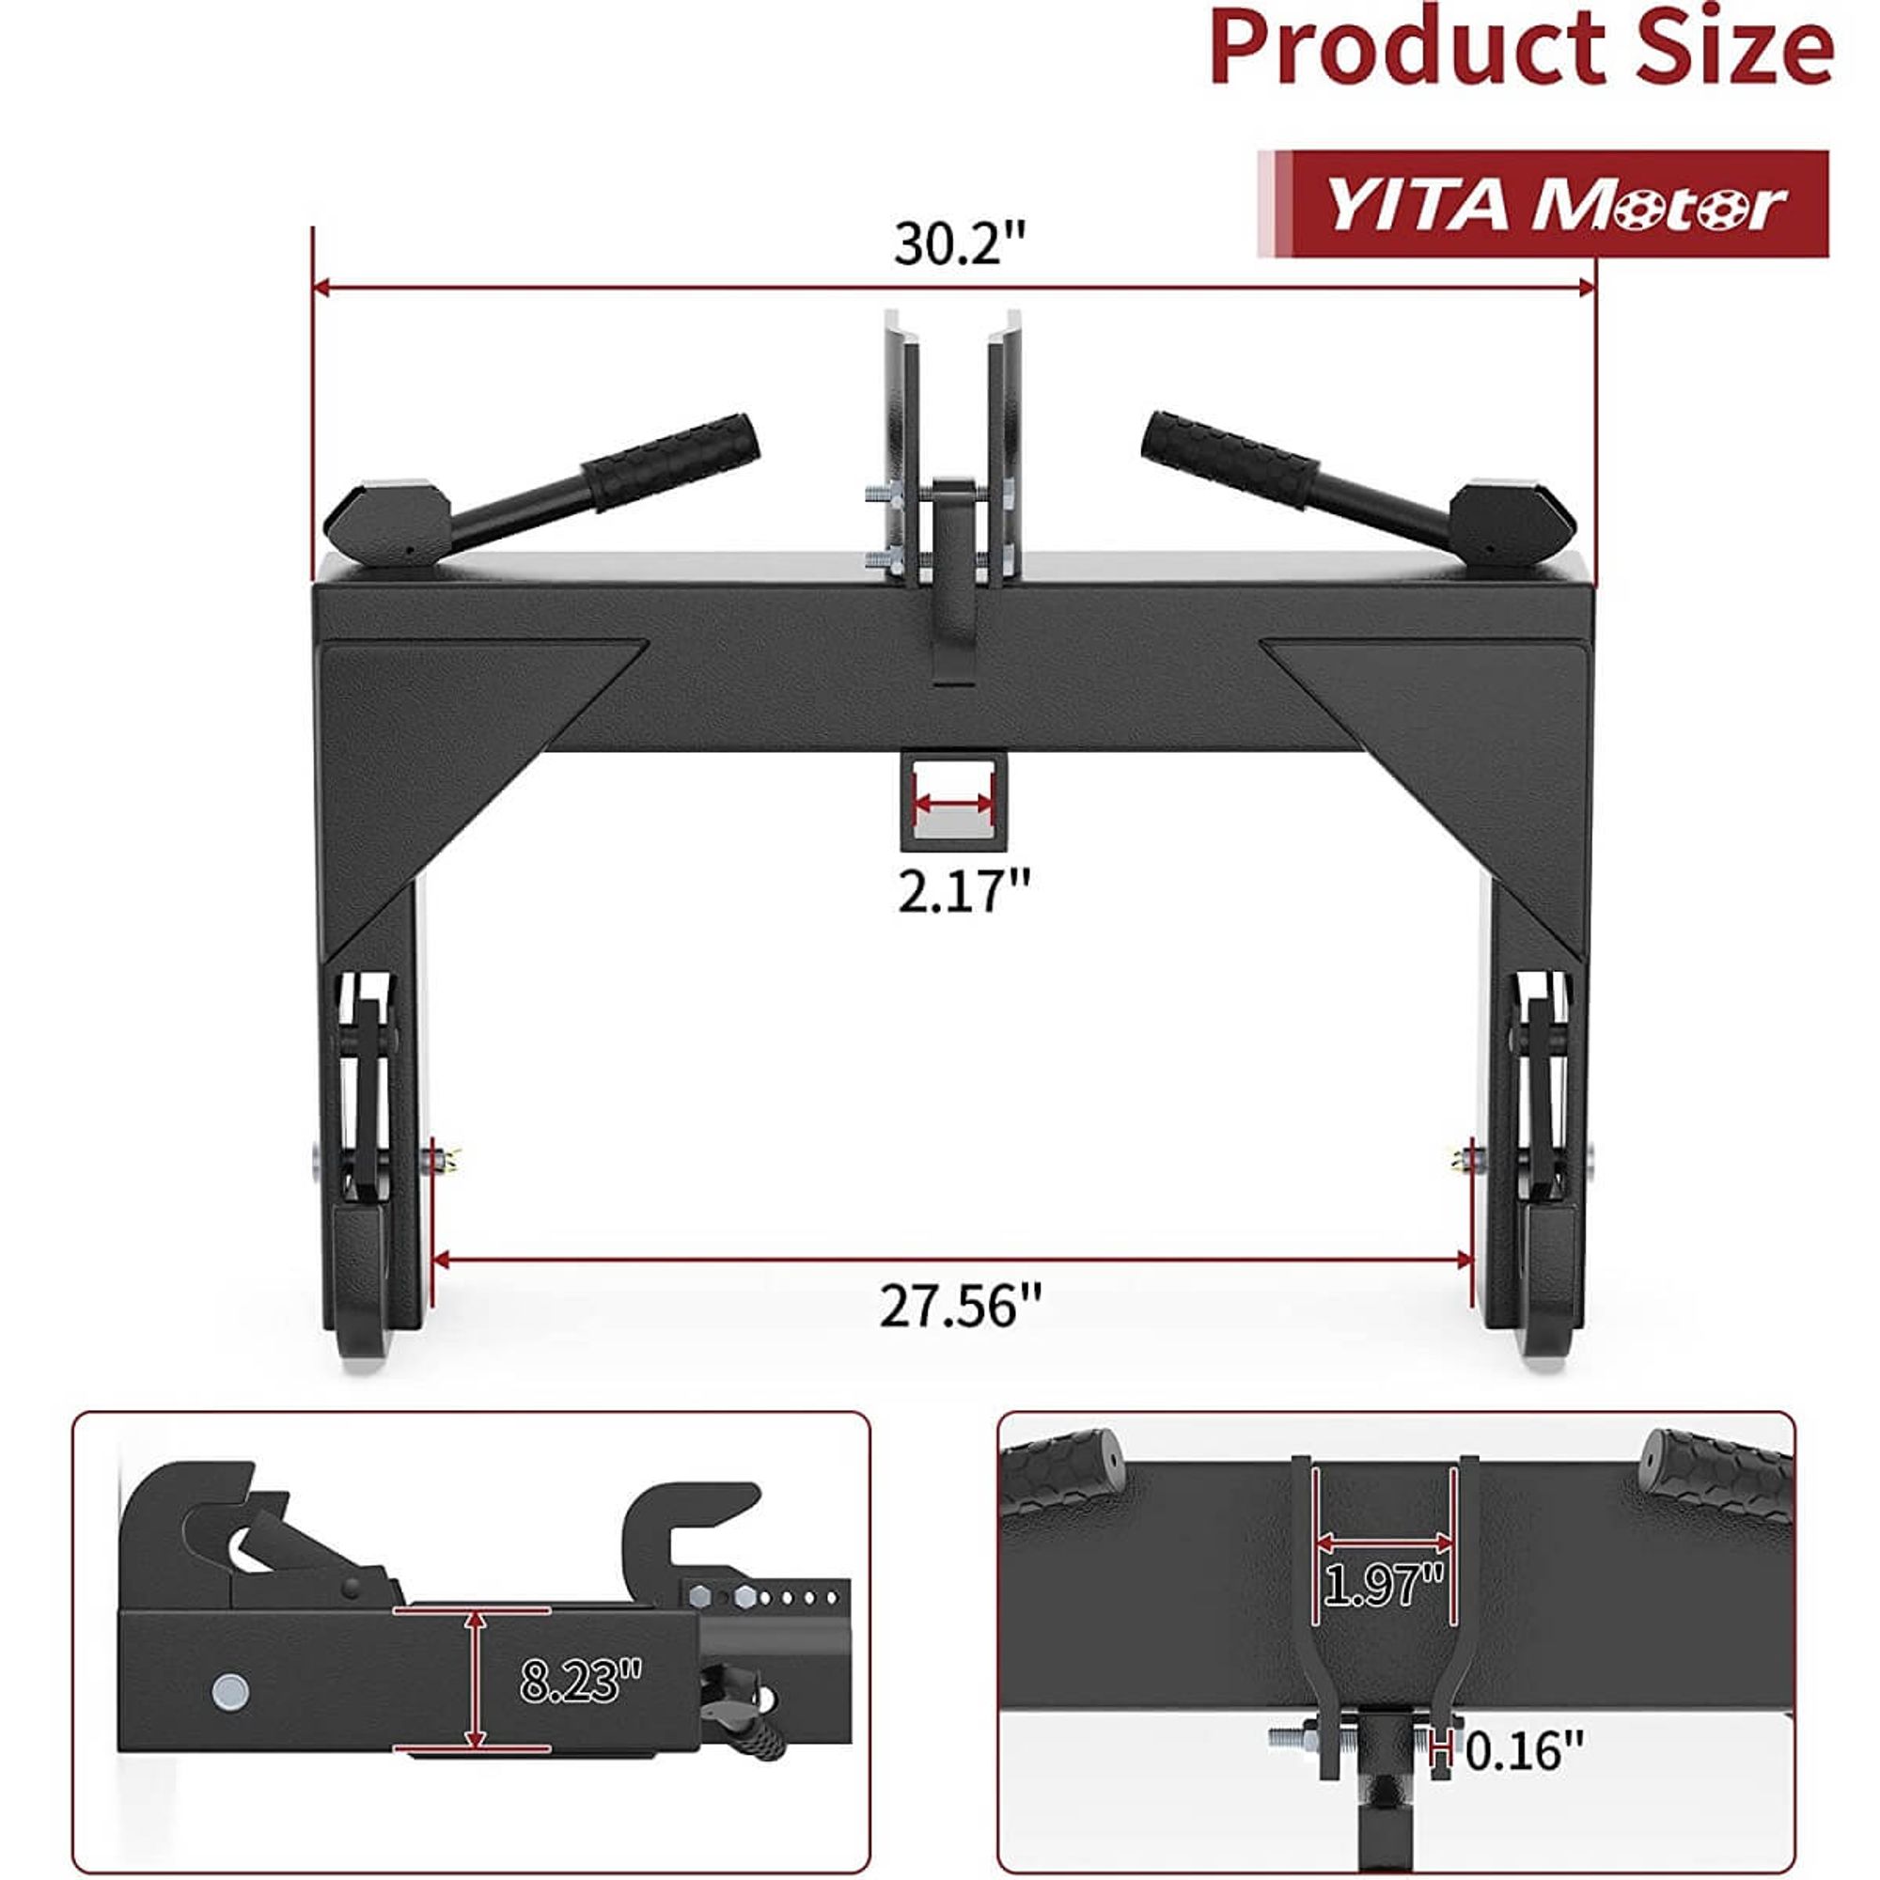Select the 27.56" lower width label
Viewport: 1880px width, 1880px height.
960,1305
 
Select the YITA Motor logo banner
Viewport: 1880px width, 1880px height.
1557,204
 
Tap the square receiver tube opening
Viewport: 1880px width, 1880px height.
953,801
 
